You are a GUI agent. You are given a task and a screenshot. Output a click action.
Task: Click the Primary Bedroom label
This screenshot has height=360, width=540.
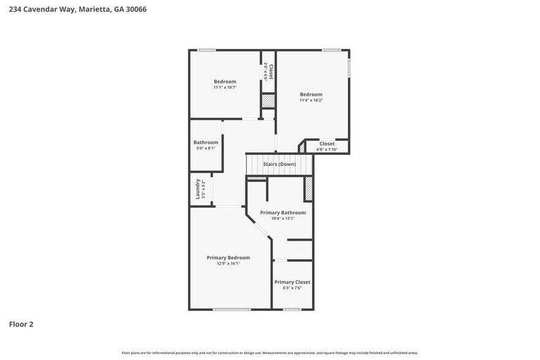click(x=228, y=258)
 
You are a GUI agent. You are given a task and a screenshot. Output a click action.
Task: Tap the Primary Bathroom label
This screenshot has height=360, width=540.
click(x=282, y=212)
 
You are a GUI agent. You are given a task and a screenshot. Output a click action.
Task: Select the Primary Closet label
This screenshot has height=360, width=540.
click(x=292, y=282)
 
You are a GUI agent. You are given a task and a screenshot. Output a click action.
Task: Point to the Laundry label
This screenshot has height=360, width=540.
click(x=198, y=188)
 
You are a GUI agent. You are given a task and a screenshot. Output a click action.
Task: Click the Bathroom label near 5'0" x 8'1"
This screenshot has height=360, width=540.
click(x=206, y=143)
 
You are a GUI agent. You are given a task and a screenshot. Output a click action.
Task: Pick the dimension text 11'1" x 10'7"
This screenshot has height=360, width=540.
click(x=225, y=88)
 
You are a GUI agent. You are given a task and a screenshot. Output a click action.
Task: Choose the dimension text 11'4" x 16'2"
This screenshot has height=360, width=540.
click(x=311, y=100)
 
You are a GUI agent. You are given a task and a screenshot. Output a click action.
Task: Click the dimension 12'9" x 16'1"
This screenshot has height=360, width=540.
click(x=228, y=264)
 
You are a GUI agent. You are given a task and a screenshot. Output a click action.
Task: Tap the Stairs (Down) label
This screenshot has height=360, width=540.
click(x=279, y=165)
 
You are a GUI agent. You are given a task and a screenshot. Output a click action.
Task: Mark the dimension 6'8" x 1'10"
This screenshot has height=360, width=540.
click(x=327, y=149)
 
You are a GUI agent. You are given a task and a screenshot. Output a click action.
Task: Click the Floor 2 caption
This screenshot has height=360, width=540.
click(x=21, y=324)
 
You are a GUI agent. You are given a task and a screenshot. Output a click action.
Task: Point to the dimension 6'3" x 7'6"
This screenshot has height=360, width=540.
click(x=292, y=288)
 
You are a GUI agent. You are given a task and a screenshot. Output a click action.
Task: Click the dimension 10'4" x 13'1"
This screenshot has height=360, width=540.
click(x=282, y=219)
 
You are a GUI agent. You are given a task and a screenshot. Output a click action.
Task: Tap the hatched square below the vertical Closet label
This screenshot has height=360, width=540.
click(x=268, y=101)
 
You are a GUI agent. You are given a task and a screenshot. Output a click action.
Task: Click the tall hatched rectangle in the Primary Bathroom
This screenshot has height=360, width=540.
click(x=309, y=189)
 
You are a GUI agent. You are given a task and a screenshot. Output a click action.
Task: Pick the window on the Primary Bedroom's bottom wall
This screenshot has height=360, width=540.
click(x=231, y=309)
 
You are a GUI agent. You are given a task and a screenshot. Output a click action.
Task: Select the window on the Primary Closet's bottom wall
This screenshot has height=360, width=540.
click(x=292, y=309)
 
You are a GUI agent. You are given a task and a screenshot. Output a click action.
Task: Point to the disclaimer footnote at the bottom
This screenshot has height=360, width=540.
click(x=269, y=353)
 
